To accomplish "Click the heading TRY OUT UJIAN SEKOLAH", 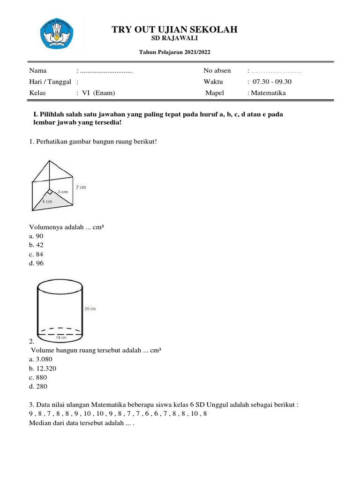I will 174,30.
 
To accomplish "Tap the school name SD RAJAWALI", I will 174,38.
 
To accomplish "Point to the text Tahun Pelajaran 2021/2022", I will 174,52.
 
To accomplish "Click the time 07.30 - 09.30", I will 272,82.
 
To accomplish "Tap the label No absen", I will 217,71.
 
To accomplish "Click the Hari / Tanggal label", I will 50,82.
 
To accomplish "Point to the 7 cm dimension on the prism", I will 81,187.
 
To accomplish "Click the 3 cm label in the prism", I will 63,192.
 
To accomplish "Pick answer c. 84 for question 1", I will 36,254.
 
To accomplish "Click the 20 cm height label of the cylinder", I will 90,308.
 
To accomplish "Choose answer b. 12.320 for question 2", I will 42,368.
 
